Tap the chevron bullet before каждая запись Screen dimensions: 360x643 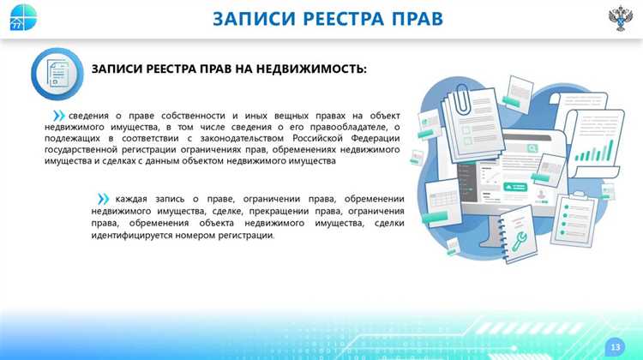pyautogui.click(x=104, y=199)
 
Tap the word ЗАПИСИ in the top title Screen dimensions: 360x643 pyautogui.click(x=248, y=18)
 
